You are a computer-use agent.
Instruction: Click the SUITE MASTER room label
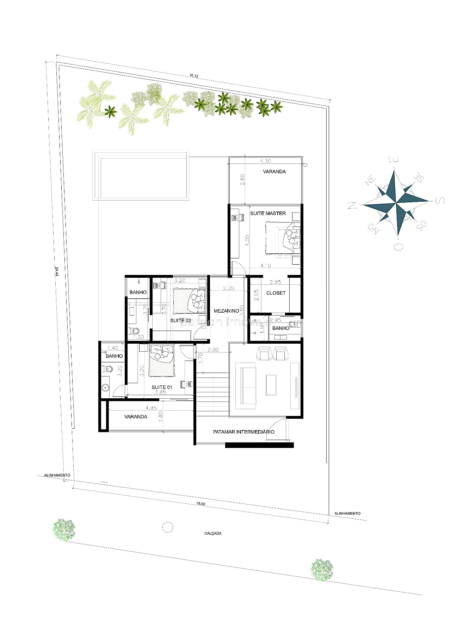tap(268, 213)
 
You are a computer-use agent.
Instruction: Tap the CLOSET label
tap(276, 293)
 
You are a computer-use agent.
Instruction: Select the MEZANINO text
tap(226, 311)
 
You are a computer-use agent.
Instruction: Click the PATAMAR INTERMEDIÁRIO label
tap(243, 432)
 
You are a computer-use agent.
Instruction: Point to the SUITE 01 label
tap(162, 387)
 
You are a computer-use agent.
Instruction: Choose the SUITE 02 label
tap(180, 320)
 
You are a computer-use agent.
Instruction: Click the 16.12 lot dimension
tap(194, 76)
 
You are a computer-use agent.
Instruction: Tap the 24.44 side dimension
tap(56, 273)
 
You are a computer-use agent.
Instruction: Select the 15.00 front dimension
tap(200, 504)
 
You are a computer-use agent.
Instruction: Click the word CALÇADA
tap(213, 533)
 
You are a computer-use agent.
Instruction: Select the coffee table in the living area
tap(271, 385)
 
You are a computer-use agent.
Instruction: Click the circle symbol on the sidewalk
tap(168, 527)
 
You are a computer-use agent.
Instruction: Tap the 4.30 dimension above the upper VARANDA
tap(265, 161)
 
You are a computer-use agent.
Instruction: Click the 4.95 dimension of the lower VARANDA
tap(151, 408)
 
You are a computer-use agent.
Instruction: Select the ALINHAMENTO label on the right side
tap(347, 514)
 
